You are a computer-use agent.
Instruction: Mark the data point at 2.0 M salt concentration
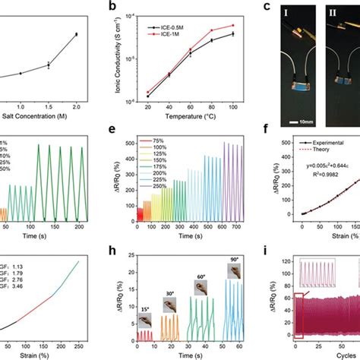point(76,34)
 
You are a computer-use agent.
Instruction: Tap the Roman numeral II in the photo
point(333,13)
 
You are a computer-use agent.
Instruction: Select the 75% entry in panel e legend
point(159,141)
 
